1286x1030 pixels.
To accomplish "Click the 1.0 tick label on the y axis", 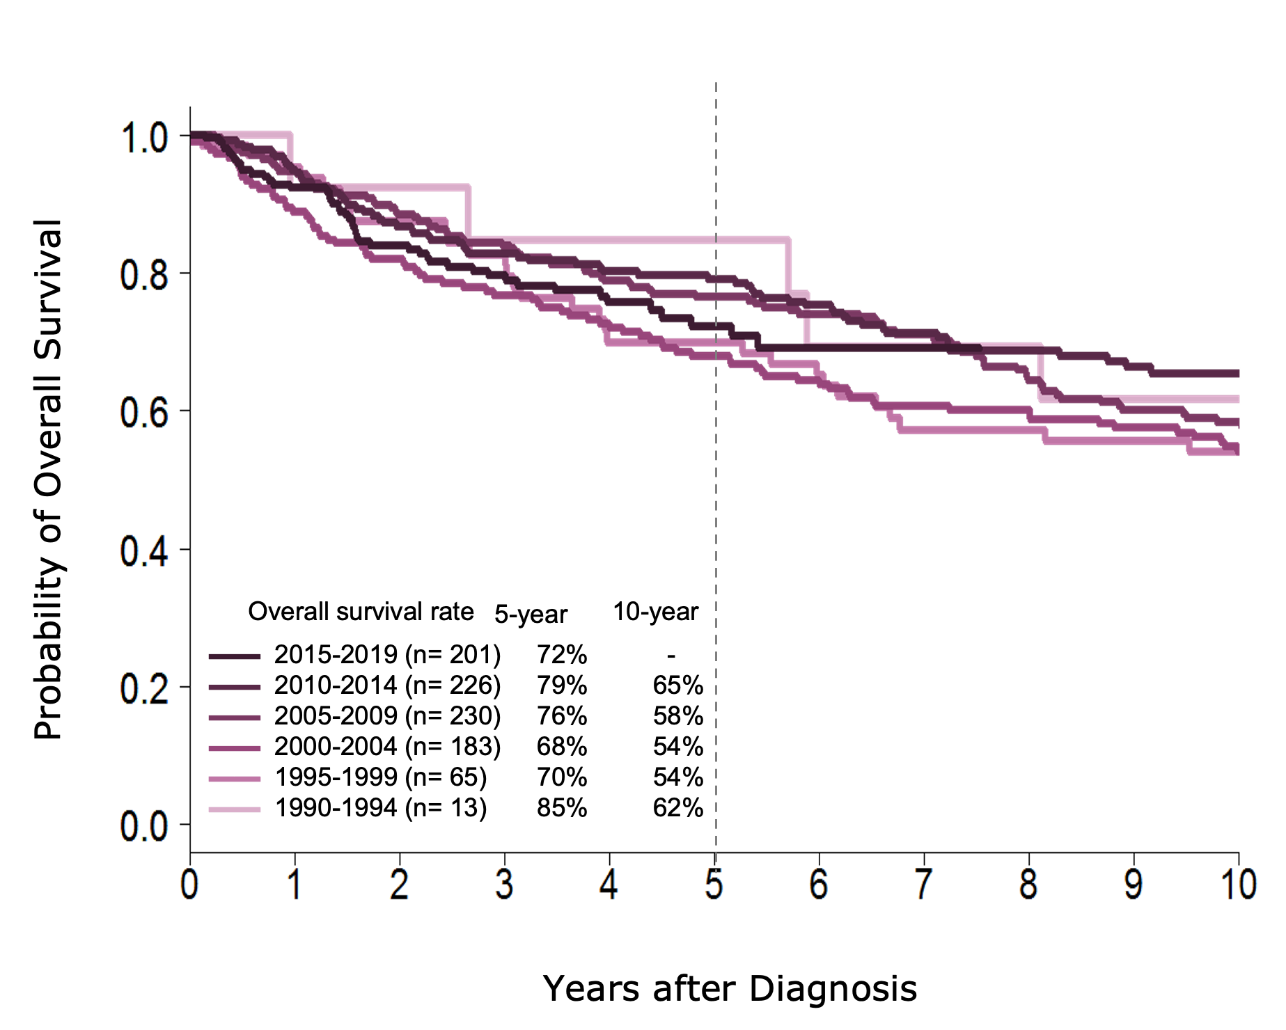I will (145, 138).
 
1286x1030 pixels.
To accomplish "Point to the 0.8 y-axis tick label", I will (145, 276).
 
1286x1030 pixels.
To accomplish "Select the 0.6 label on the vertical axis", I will (145, 413).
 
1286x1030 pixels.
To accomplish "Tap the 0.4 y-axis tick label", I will (145, 551).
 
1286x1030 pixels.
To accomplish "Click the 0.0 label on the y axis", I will (145, 827).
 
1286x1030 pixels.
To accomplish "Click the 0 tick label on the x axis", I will (189, 886).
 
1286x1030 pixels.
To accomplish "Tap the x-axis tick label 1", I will (294, 886).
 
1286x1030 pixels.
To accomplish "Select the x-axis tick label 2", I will (399, 886).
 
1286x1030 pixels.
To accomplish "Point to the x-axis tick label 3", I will (504, 886).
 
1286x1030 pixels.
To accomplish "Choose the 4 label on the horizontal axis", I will (609, 886).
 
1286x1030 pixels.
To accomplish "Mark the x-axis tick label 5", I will (714, 886).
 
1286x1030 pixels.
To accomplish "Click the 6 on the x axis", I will (819, 886).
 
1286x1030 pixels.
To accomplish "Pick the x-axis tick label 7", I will (924, 886).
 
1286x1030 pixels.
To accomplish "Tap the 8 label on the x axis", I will (1028, 886).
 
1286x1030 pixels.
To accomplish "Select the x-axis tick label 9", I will (1134, 886).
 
